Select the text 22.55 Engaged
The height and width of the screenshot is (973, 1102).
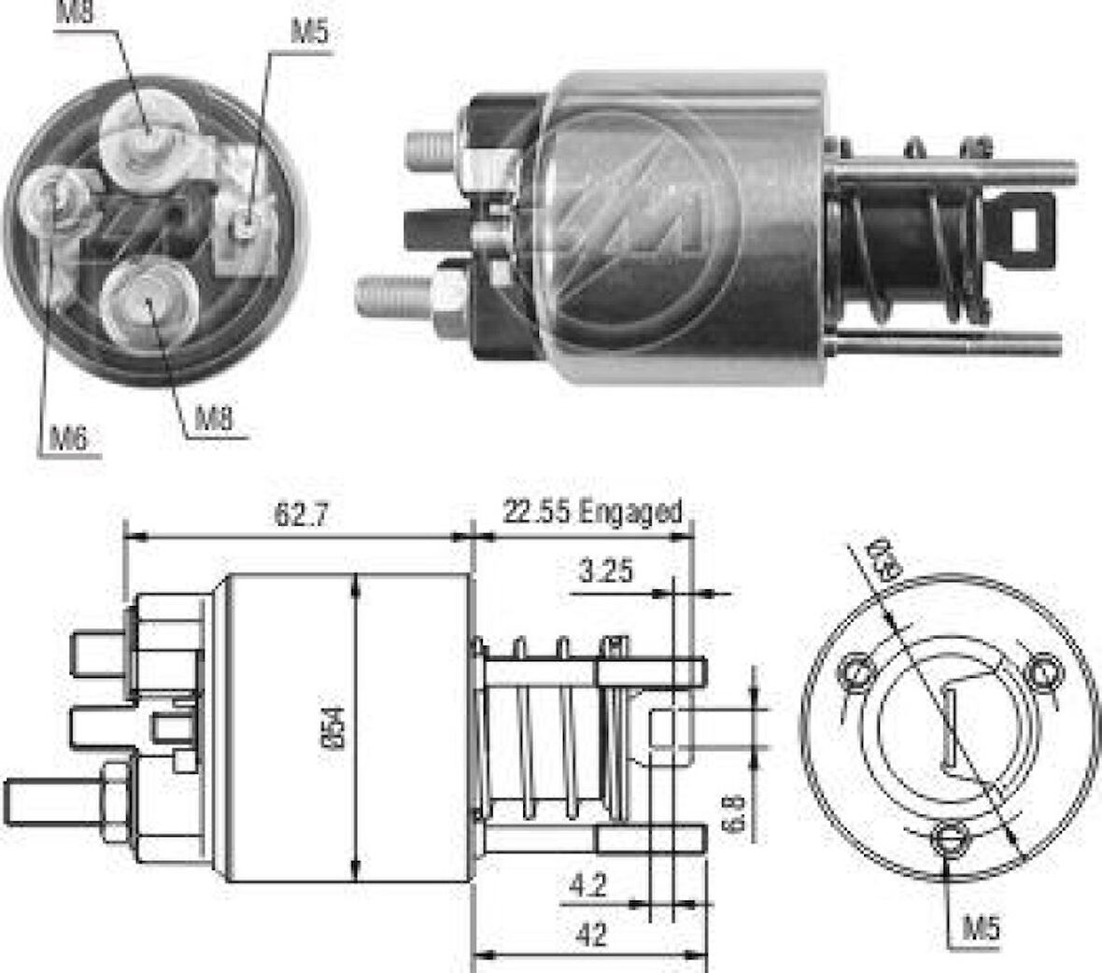coord(592,512)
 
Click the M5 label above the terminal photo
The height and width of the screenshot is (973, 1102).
coord(309,33)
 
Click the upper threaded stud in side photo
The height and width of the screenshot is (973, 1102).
coord(431,149)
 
